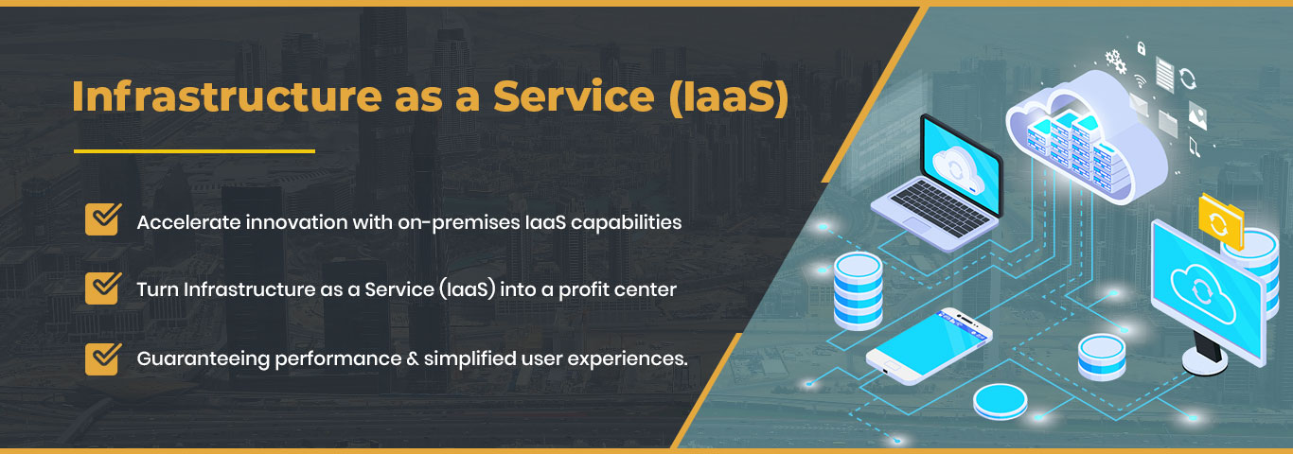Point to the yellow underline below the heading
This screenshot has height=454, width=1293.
pyautogui.click(x=194, y=151)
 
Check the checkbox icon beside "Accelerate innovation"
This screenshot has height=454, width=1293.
pyautogui.click(x=101, y=219)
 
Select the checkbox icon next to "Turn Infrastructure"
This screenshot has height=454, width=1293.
pyautogui.click(x=101, y=288)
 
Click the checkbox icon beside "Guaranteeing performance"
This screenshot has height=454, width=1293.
pyautogui.click(x=101, y=358)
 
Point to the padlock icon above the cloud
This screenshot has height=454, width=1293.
pyautogui.click(x=1142, y=46)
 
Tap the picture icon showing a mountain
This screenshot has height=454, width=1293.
pyautogui.click(x=1198, y=114)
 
